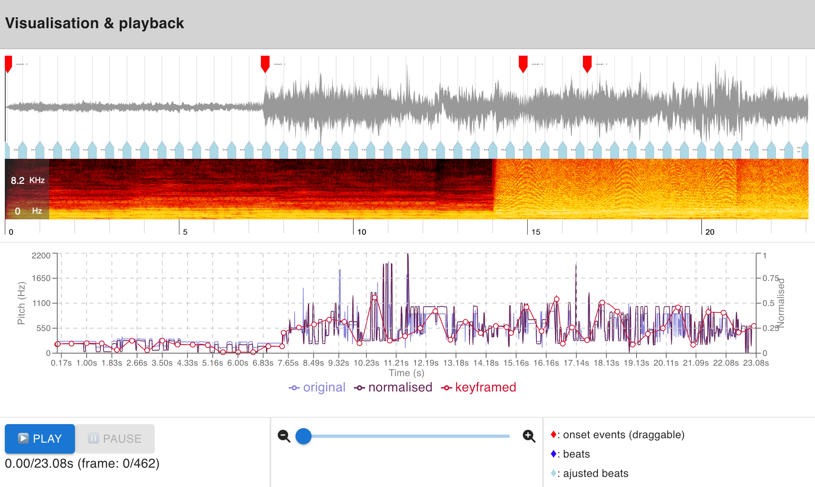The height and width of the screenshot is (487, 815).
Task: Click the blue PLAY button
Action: [x=40, y=439]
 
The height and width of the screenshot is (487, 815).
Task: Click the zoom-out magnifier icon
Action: [x=284, y=436]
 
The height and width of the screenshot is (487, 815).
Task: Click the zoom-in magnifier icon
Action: [x=529, y=436]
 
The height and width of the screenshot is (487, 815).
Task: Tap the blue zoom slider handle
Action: [x=304, y=436]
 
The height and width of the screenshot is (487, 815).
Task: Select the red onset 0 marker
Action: [x=8, y=63]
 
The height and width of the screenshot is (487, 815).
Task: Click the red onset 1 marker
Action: [x=265, y=63]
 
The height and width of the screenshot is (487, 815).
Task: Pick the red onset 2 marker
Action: [x=523, y=63]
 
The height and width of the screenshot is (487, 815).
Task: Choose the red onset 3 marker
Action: [x=587, y=63]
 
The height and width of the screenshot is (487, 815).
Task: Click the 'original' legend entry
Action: [x=317, y=387]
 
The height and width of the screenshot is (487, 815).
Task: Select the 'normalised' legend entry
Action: [x=393, y=387]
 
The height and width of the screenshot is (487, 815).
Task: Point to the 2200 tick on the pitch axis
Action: [x=41, y=256]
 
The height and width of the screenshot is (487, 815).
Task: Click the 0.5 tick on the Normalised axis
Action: [x=768, y=303]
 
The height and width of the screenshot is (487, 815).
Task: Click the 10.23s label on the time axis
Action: [x=366, y=363]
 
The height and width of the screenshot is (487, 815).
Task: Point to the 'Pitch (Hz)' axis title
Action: [x=21, y=303]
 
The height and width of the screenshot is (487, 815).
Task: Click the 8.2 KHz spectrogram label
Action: [x=27, y=180]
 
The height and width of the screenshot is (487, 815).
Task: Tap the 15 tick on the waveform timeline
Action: [x=536, y=232]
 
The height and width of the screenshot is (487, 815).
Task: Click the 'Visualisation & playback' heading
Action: [x=95, y=23]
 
